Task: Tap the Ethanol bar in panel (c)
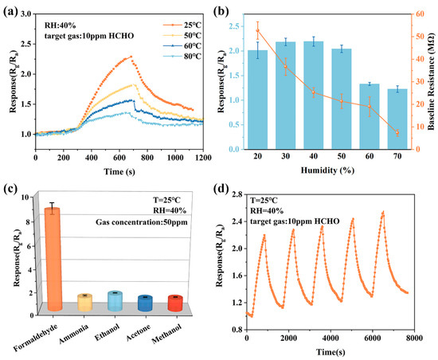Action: (115, 300)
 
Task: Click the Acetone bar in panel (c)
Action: (144, 303)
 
